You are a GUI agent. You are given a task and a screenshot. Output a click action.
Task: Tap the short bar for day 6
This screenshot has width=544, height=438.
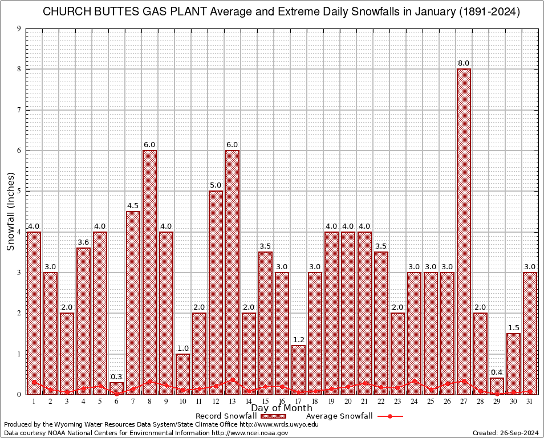pos(116,388)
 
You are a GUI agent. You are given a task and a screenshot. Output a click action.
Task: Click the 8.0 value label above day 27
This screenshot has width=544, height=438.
pos(464,63)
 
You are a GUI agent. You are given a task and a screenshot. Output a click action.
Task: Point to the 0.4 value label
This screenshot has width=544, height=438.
pos(497,372)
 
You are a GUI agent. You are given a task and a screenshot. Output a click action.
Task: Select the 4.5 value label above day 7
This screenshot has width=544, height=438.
pos(133,205)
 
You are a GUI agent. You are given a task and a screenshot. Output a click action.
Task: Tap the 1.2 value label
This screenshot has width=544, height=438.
pos(298,339)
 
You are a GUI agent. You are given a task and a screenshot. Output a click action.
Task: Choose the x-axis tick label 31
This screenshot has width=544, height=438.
pos(530,401)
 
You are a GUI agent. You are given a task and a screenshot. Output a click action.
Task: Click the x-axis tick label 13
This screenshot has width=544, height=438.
pos(232,401)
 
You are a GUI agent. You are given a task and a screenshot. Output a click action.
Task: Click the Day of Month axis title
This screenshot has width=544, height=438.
pos(282,408)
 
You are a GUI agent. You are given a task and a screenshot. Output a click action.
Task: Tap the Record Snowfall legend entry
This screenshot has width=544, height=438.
pos(226,416)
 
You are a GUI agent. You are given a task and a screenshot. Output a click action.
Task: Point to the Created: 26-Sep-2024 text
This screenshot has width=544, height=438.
pos(506,433)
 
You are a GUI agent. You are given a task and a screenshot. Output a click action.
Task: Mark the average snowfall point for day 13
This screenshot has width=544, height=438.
pos(232,379)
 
